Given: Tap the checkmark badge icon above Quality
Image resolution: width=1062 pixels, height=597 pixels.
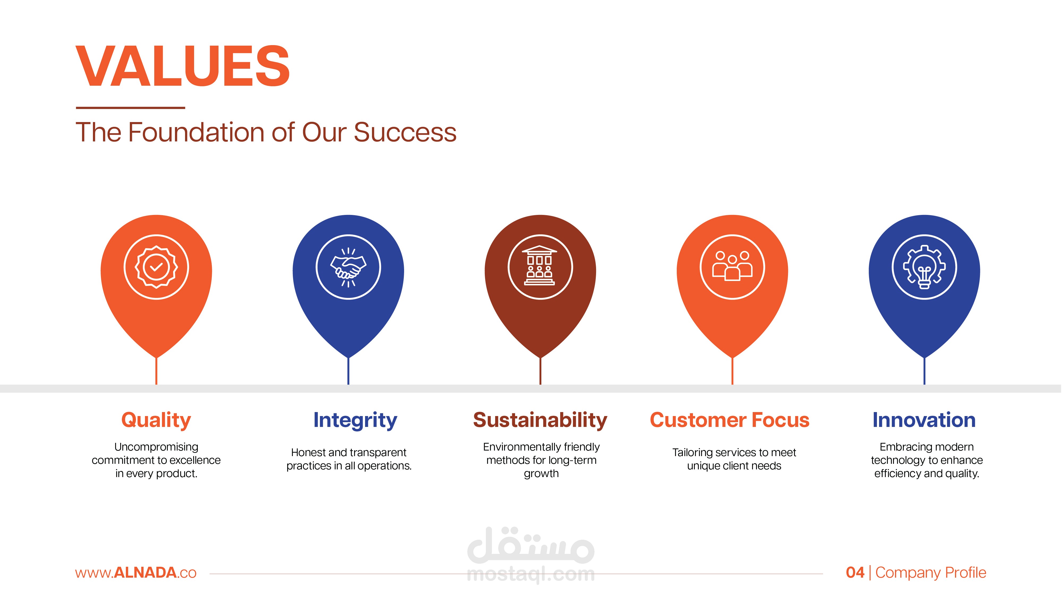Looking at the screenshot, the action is click(156, 267).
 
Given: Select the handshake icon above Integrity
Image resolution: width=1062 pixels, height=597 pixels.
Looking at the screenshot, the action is click(348, 267).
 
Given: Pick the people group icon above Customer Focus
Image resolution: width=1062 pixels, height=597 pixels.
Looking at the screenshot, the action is click(732, 266).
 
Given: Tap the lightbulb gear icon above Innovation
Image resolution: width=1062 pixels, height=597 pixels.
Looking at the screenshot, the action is click(924, 267).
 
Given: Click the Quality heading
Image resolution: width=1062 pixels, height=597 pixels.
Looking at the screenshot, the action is click(156, 421).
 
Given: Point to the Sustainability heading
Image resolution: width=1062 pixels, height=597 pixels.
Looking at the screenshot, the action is click(540, 421).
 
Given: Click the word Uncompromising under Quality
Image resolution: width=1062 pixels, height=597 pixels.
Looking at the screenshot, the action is click(156, 447).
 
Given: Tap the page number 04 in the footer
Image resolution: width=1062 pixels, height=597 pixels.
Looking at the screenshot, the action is click(855, 573).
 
